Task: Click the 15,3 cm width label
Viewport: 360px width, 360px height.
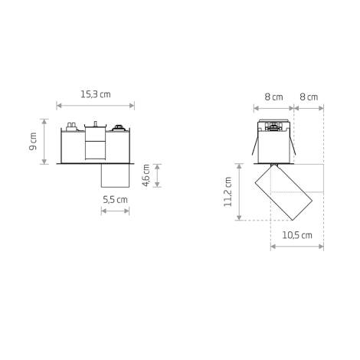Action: [96, 94]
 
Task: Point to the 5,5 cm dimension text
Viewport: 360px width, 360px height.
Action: [116, 199]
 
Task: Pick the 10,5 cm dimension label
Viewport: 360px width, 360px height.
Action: [296, 235]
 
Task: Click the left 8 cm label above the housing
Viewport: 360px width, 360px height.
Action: [273, 97]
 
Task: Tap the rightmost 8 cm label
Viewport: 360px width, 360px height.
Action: [309, 97]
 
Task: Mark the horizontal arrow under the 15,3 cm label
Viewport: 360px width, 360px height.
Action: [96, 106]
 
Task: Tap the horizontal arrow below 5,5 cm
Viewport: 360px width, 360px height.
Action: [116, 211]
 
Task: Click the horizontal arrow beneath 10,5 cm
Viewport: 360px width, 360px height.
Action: [297, 247]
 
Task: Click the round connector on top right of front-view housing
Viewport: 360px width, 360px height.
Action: [118, 127]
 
